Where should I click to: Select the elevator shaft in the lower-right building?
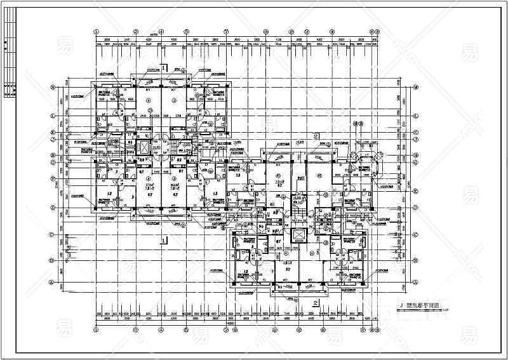pos(297,236)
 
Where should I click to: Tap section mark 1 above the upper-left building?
pos(163,67)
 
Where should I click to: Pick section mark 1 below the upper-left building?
pos(163,240)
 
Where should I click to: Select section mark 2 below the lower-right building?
pos(316,302)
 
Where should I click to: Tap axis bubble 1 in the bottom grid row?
pos(96,331)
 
